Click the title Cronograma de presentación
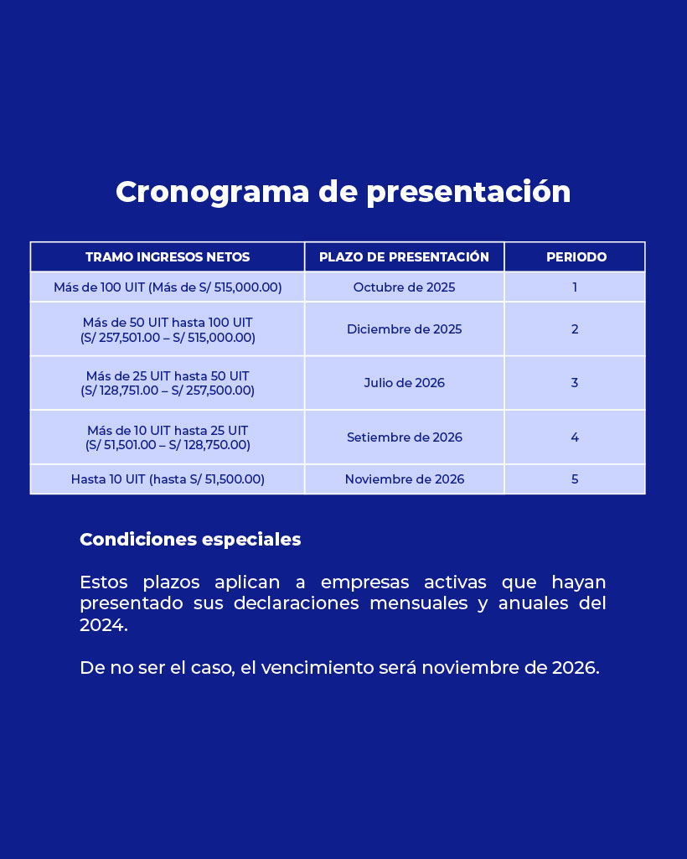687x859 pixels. (343, 193)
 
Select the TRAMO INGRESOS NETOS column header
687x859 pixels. (168, 257)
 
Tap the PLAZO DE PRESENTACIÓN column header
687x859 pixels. (405, 257)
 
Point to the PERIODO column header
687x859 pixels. (576, 257)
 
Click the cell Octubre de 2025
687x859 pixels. (405, 287)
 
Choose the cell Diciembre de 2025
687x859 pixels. (405, 329)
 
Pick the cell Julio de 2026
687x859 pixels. (405, 382)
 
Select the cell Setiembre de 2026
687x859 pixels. (405, 437)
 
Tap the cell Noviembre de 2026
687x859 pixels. (405, 479)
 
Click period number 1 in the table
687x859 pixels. (575, 287)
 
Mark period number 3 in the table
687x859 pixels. (575, 382)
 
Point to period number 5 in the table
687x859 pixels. (575, 479)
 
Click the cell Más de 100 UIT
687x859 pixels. (168, 287)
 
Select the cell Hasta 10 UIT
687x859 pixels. (168, 479)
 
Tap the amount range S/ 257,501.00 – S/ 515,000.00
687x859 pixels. (168, 338)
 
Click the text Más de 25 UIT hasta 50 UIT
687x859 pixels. (168, 375)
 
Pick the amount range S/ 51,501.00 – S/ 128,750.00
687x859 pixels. (168, 445)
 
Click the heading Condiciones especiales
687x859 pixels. (190, 540)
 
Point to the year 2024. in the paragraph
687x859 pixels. (104, 624)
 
